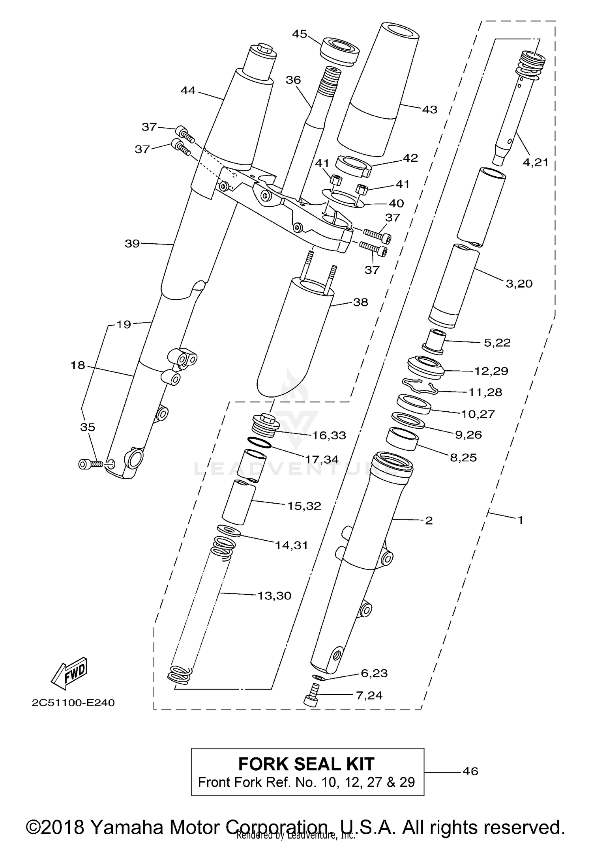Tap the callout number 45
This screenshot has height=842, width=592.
(x=300, y=34)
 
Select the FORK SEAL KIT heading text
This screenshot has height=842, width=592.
(x=306, y=764)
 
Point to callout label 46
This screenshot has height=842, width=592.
(x=470, y=771)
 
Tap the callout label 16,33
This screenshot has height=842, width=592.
(x=329, y=435)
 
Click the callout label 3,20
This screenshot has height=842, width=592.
(x=519, y=284)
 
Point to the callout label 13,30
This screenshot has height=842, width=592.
(x=274, y=596)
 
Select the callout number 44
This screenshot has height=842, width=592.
(x=188, y=91)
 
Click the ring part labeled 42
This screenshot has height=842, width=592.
(x=353, y=166)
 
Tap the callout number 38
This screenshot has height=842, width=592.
(x=360, y=302)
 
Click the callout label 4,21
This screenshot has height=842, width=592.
(x=536, y=162)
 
